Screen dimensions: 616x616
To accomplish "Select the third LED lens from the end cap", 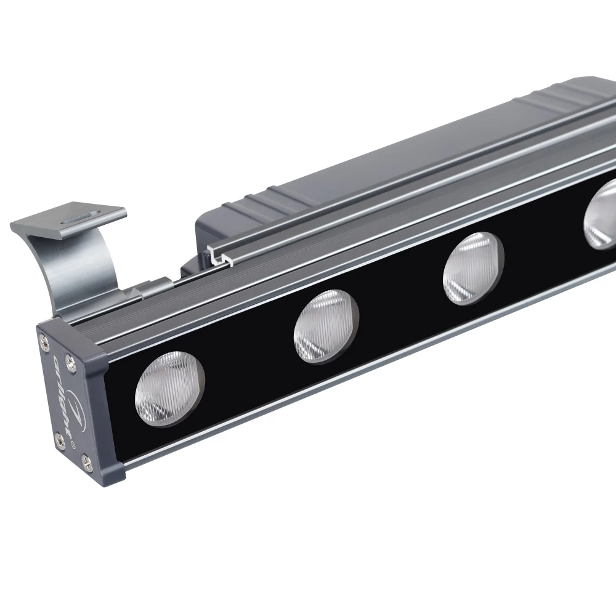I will pyautogui.click(x=473, y=268).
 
